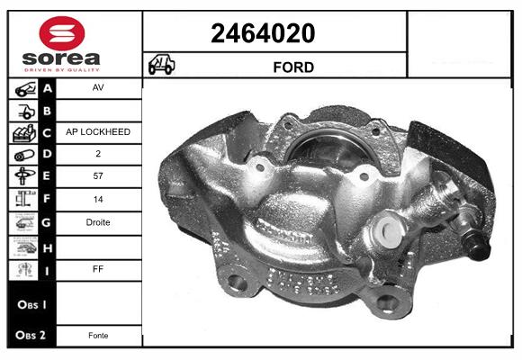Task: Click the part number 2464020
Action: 263,33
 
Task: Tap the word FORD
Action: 293,67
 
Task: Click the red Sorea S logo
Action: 62,33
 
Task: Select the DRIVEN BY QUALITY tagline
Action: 62,70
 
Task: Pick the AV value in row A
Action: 98,87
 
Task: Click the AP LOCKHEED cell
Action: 98,132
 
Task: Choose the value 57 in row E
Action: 98,175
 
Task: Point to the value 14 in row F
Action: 98,200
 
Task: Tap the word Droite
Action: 98,222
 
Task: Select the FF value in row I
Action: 98,269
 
